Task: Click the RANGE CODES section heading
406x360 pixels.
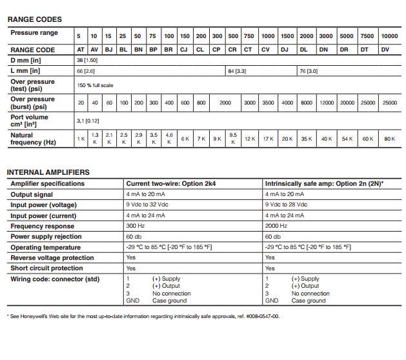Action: click(x=34, y=19)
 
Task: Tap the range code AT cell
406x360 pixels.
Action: click(x=81, y=49)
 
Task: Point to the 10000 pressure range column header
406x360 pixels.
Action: click(x=389, y=35)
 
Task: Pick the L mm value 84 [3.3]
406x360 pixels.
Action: click(x=237, y=70)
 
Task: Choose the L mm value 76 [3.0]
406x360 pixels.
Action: click(x=308, y=70)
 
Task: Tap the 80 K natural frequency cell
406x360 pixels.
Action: click(x=389, y=139)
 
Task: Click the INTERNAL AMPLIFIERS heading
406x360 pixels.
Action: click(x=48, y=172)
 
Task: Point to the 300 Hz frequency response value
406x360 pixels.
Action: click(x=135, y=226)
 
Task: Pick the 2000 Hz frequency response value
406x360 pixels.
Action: click(x=276, y=226)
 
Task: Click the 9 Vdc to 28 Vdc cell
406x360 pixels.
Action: click(x=287, y=205)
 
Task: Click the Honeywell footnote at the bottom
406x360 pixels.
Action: click(x=143, y=317)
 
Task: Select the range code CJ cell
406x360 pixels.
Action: click(x=185, y=49)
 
